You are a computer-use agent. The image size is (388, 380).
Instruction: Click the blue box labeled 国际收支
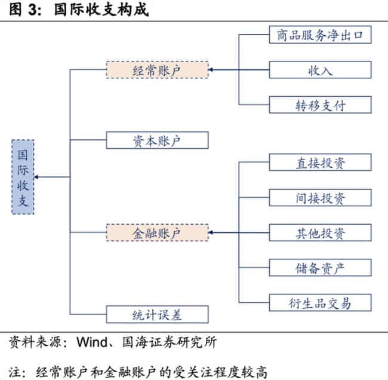click(23, 177)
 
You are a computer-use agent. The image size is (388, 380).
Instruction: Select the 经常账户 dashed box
click(158, 69)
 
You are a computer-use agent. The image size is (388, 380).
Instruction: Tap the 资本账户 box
click(158, 140)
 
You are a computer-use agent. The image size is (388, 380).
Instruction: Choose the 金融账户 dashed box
click(158, 232)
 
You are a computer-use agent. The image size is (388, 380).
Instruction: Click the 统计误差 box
click(158, 314)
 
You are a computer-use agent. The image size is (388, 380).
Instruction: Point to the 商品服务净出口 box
click(320, 35)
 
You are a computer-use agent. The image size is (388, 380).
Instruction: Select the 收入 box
click(320, 69)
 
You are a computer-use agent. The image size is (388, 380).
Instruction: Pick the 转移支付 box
click(320, 105)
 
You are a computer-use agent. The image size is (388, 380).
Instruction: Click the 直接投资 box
click(320, 162)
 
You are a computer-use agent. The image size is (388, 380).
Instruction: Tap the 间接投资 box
click(320, 197)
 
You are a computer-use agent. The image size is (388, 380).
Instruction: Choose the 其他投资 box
click(320, 232)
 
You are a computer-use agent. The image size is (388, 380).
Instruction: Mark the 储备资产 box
click(320, 267)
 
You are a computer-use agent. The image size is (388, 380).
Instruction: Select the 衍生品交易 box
click(320, 302)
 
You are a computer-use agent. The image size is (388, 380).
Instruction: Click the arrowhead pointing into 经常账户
click(212, 70)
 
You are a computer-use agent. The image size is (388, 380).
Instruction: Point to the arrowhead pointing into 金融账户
click(212, 232)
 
